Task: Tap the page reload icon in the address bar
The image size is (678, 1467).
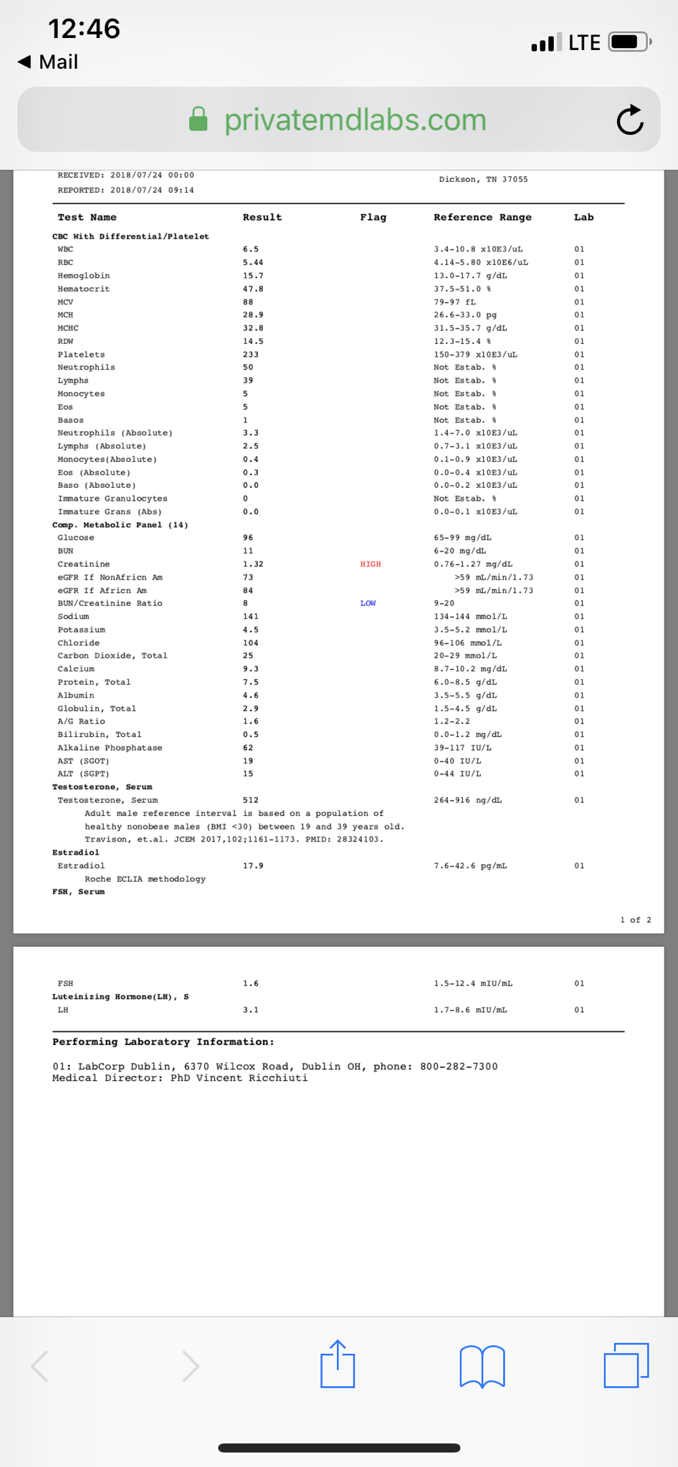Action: [630, 120]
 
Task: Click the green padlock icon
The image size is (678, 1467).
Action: [199, 120]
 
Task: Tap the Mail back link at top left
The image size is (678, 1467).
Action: [49, 62]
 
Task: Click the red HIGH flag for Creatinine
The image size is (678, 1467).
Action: [371, 564]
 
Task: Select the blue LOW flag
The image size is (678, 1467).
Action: [368, 603]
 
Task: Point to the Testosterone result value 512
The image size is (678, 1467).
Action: [251, 800]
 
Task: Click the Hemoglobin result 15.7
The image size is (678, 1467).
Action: [253, 276]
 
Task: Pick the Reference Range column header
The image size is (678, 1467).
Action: [482, 217]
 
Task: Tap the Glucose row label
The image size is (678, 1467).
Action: [76, 538]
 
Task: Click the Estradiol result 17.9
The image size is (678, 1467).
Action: [253, 866]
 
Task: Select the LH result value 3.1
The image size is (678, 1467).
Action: [251, 1010]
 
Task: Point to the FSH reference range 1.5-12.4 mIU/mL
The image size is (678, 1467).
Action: [473, 983]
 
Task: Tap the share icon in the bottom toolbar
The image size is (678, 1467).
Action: [338, 1365]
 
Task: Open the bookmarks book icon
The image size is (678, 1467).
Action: [482, 1366]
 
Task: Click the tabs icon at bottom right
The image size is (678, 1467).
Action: [626, 1365]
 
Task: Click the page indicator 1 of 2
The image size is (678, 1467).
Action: [636, 920]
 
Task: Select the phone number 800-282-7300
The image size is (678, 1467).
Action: [459, 1067]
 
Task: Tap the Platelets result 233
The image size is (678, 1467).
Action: [251, 355]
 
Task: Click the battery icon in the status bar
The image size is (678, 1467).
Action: [629, 42]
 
